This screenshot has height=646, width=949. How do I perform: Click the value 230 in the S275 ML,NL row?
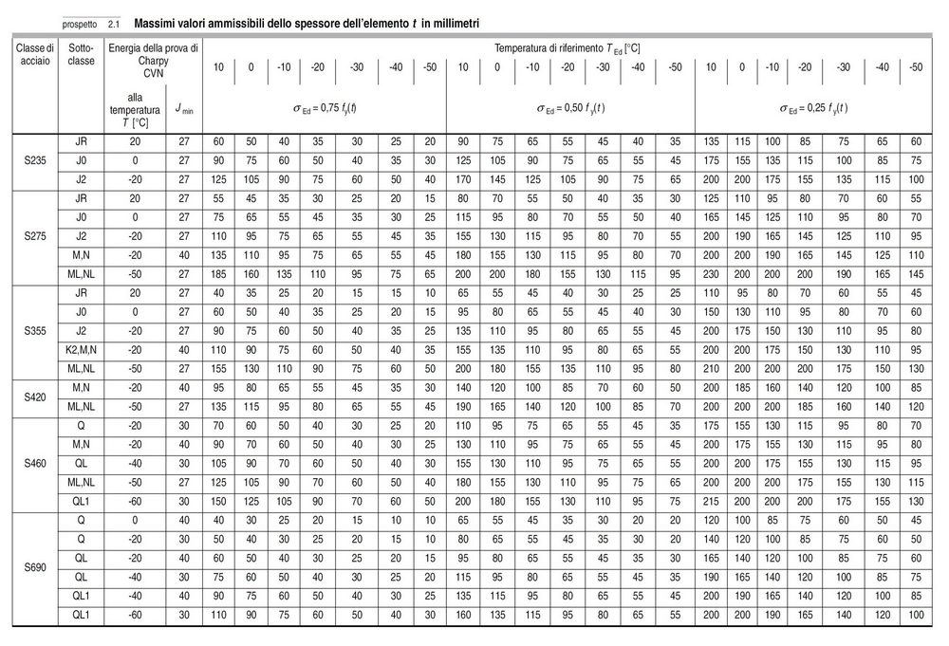point(711,271)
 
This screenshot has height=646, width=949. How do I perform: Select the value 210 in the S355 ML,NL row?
point(711,368)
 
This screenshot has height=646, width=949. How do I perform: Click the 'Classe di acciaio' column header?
point(34,55)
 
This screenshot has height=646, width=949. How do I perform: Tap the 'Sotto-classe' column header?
point(83,55)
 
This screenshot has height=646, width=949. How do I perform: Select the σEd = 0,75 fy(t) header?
point(325,107)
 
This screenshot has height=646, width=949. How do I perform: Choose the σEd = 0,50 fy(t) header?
point(569,107)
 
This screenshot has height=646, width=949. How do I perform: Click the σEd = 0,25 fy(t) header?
point(813,107)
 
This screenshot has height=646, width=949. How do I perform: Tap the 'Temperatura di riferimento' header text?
point(569,46)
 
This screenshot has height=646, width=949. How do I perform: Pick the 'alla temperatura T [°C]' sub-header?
point(134,109)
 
